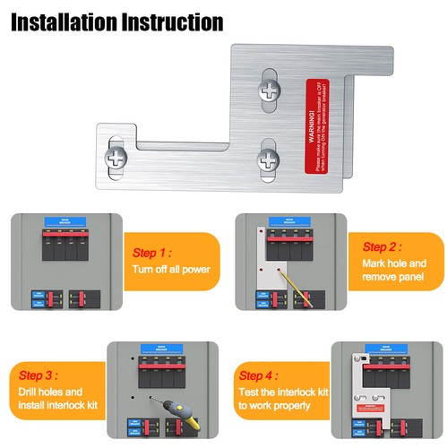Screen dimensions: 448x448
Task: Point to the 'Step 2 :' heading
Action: point(381,246)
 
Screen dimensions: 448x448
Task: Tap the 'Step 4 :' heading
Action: point(260,376)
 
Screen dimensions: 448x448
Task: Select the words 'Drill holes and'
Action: point(51,392)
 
